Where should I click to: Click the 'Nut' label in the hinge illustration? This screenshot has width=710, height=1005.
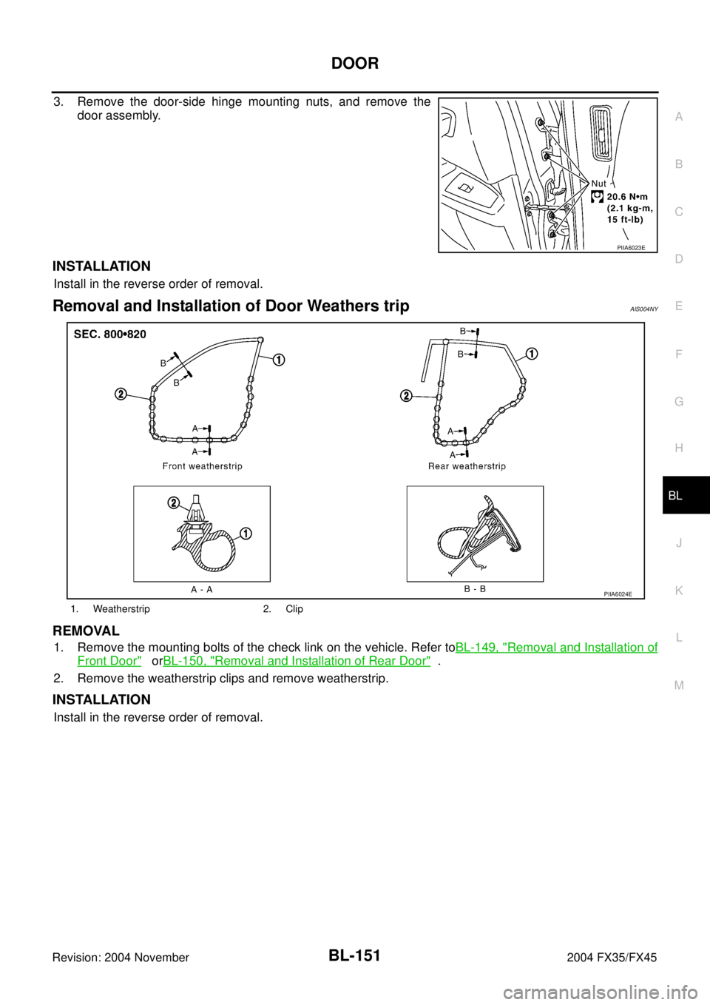point(599,183)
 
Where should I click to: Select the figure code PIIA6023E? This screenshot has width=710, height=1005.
point(636,248)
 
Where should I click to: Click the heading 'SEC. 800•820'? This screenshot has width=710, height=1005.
point(110,335)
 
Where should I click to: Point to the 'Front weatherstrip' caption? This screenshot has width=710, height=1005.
point(203,466)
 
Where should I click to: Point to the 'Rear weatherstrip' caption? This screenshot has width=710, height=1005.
point(467,466)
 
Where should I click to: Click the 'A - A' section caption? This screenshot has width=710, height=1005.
point(201,589)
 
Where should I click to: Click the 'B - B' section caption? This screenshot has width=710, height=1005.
point(475,589)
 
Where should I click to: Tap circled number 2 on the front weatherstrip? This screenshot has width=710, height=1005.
point(120,394)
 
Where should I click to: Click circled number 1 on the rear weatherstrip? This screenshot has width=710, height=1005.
point(532,354)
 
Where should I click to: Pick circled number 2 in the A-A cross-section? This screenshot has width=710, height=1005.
point(174,503)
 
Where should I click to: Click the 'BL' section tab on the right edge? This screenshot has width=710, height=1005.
point(675,496)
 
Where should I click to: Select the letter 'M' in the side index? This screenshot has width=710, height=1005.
point(679,685)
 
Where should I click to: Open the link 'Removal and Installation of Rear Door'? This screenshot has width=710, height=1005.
point(296,660)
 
